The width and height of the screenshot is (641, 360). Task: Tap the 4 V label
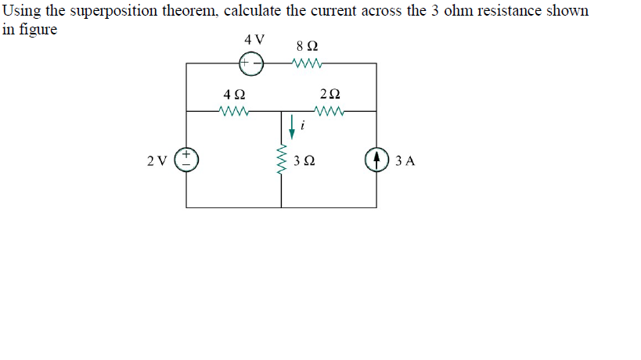point(254,38)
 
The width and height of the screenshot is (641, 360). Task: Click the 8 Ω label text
point(305,45)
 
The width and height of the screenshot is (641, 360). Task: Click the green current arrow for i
point(292,124)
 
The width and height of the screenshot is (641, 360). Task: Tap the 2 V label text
point(157,162)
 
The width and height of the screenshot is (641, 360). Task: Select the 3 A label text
point(405,162)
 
